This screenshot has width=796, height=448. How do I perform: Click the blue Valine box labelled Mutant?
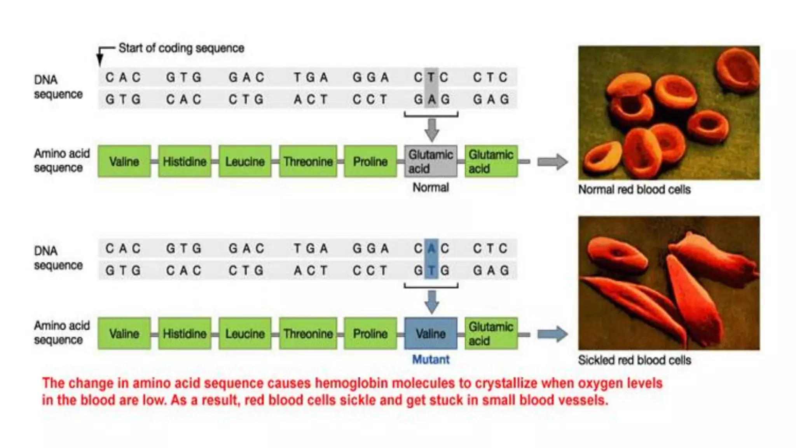pos(431,334)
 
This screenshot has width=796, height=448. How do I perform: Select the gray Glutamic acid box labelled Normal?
pos(431,161)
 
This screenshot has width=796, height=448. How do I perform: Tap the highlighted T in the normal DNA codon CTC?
pos(431,77)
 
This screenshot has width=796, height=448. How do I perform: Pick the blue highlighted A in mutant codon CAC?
pos(431,248)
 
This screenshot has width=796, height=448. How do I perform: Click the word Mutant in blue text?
pos(431,360)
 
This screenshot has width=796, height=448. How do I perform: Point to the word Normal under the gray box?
pos(431,187)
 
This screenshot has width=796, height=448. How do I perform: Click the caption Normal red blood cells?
pos(634,190)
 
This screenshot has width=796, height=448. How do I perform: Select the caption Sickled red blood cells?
pos(634,360)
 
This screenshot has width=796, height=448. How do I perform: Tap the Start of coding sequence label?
pos(181,48)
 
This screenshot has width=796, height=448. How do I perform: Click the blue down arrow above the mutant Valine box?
pos(432,302)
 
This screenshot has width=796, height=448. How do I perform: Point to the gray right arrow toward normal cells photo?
pos(552,162)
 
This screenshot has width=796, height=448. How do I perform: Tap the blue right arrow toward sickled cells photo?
pos(552,334)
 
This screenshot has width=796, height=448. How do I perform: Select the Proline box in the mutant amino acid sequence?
pos(370,334)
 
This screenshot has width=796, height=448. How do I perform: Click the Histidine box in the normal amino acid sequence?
pos(185,161)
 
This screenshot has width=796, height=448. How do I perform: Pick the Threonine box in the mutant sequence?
pos(308,334)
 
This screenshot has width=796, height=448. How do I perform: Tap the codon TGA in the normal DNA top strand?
pos(311,77)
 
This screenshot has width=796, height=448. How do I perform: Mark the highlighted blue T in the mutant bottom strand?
pos(431,270)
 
